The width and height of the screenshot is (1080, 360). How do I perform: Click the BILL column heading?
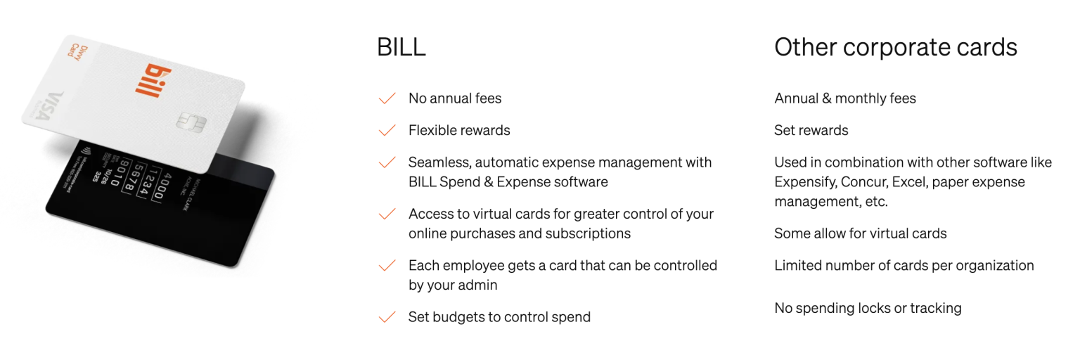(x=401, y=47)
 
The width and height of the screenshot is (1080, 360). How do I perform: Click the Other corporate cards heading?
(x=896, y=47)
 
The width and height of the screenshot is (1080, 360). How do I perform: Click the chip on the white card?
(x=190, y=122)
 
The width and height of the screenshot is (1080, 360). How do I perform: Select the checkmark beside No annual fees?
(x=387, y=98)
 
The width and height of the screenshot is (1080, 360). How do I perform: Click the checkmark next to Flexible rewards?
(x=387, y=130)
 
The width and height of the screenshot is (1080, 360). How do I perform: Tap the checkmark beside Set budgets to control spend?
(x=387, y=317)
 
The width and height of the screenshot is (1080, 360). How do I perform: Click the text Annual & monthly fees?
(x=845, y=98)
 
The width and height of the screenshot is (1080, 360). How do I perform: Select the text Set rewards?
(x=811, y=130)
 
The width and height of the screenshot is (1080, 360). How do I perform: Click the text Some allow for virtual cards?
(x=860, y=233)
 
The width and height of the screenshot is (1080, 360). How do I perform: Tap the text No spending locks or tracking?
(x=868, y=308)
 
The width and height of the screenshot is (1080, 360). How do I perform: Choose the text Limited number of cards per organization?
(x=904, y=266)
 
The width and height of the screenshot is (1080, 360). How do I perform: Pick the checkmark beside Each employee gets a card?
(x=387, y=266)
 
